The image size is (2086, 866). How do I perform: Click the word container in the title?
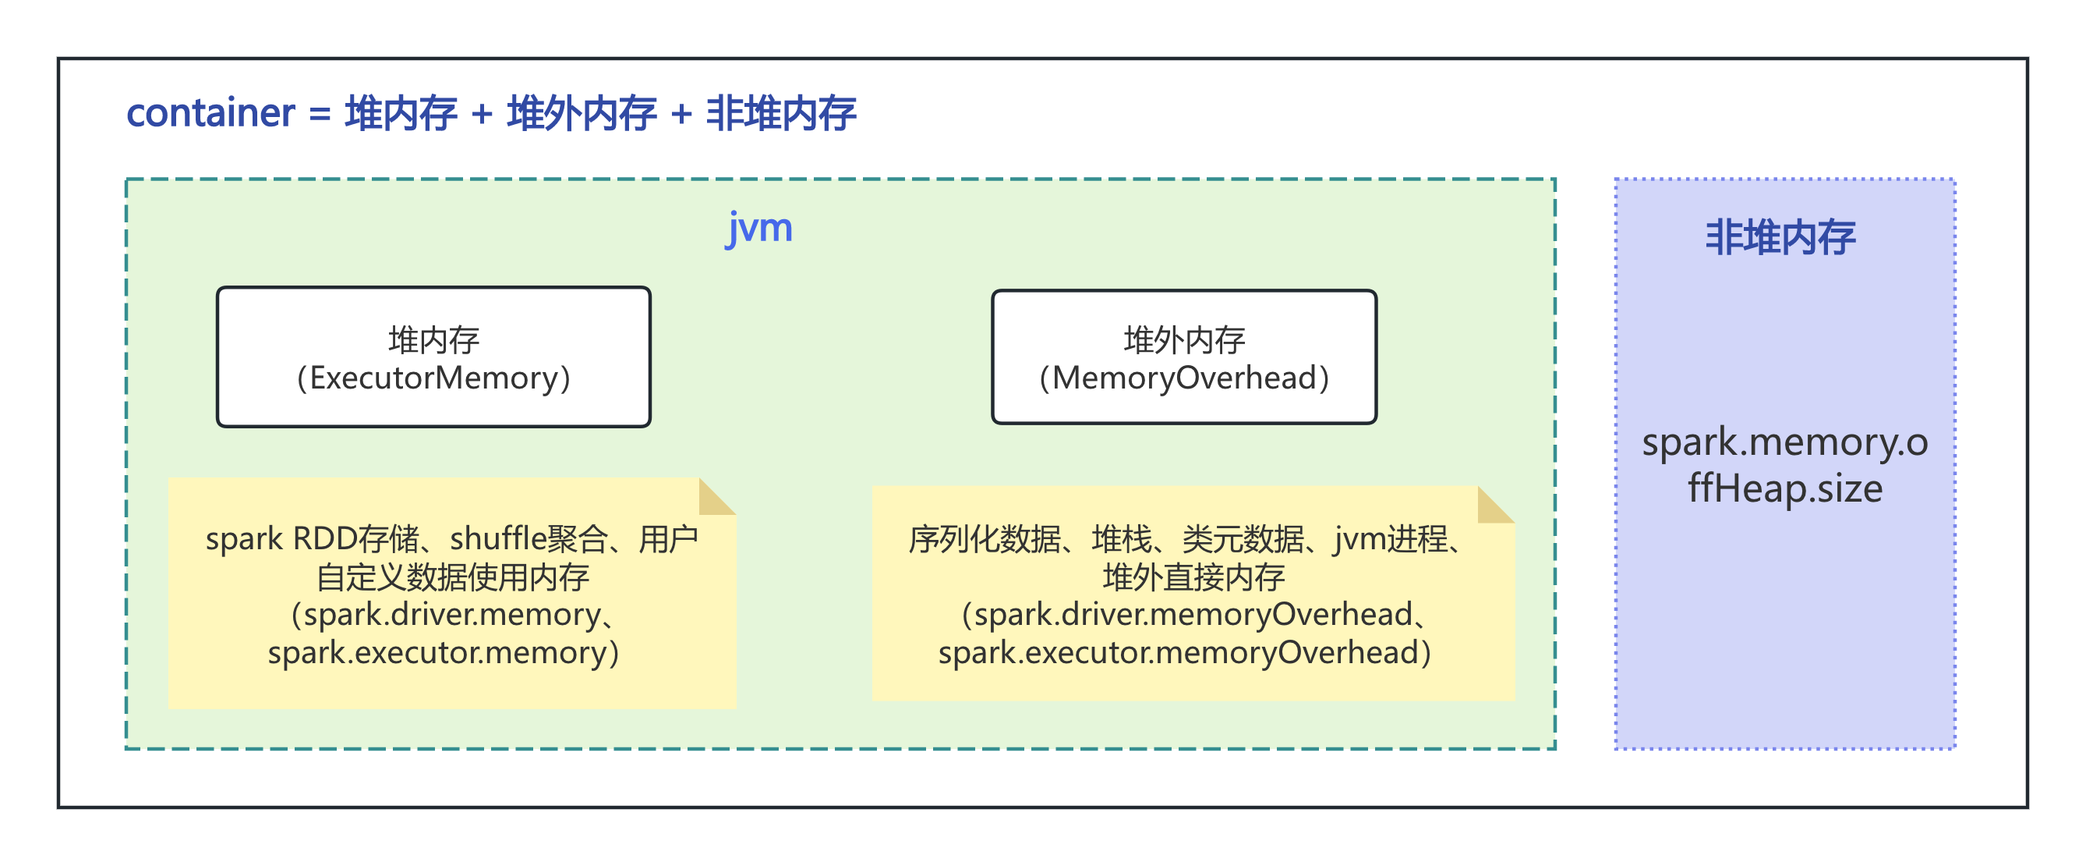[x=210, y=112]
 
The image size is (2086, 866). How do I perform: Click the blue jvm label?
[x=758, y=228]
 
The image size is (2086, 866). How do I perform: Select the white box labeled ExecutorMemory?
[x=433, y=357]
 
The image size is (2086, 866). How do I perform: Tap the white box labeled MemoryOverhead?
[x=1184, y=357]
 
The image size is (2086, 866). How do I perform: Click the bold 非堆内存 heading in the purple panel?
[x=1780, y=237]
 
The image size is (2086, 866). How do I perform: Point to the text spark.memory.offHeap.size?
[x=1785, y=465]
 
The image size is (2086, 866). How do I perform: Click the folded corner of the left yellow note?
[x=715, y=495]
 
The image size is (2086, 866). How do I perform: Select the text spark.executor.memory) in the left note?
[x=443, y=652]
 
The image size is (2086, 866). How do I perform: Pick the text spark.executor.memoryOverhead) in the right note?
[x=1184, y=652]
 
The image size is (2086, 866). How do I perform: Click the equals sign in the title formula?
[x=320, y=114]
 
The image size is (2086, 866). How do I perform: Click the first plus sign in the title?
[x=482, y=114]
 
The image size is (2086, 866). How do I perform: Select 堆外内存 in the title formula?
[x=582, y=112]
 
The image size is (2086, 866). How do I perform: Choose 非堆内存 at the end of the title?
[x=781, y=112]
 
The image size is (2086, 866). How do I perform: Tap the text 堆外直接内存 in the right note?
[x=1193, y=577]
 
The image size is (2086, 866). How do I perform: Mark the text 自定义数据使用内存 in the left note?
[x=453, y=577]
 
